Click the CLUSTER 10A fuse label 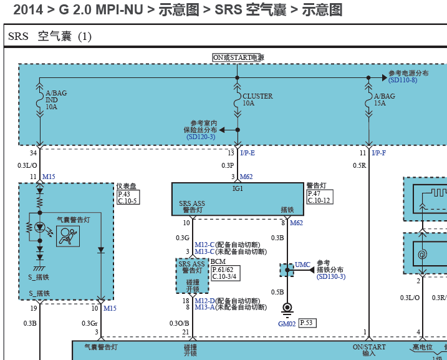[x=257, y=100]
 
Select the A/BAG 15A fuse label [x=385, y=100]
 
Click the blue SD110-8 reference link [x=403, y=80]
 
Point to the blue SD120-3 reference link [x=201, y=137]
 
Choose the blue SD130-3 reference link [x=331, y=276]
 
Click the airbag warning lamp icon [x=68, y=236]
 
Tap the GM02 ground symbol [x=287, y=310]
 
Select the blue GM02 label [x=287, y=324]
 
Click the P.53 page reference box [x=307, y=323]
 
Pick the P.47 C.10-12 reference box [x=320, y=197]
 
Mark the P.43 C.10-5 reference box [x=128, y=197]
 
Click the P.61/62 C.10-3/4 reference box [x=226, y=273]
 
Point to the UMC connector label [x=302, y=265]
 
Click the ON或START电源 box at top [x=238, y=57]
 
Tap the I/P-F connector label [x=379, y=153]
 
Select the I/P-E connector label [x=248, y=153]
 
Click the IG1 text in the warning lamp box [x=238, y=188]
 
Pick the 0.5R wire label [x=359, y=165]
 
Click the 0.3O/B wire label [x=179, y=323]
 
